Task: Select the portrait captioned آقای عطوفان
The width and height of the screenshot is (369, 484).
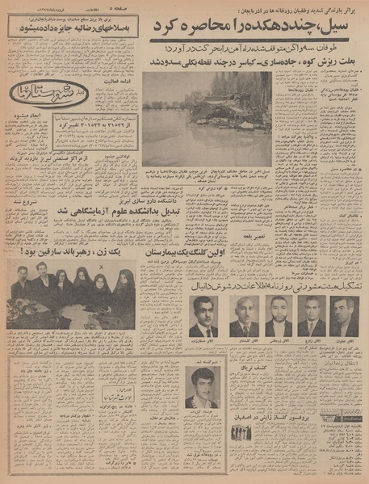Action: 344,316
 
